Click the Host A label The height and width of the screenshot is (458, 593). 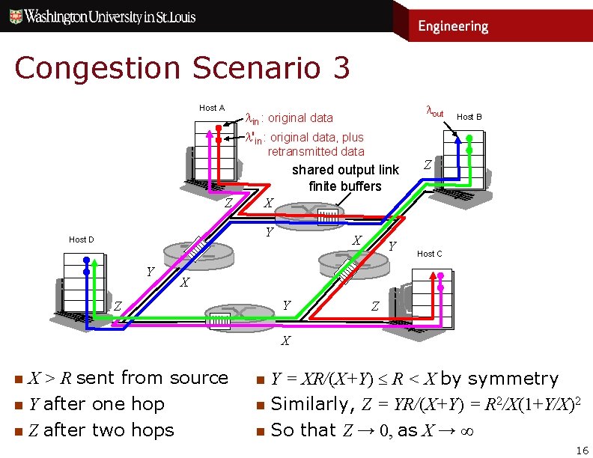click(211, 108)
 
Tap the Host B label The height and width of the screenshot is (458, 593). click(469, 117)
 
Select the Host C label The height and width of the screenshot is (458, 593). click(429, 254)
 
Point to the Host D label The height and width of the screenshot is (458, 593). click(82, 239)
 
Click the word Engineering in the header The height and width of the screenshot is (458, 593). click(453, 26)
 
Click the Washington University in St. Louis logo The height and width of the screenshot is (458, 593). click(150, 16)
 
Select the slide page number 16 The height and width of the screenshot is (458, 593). click(583, 450)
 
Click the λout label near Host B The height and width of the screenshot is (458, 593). click(434, 113)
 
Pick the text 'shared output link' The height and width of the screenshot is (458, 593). click(345, 169)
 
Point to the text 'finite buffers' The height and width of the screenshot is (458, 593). click(345, 186)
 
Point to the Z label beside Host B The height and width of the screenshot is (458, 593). click(427, 164)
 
